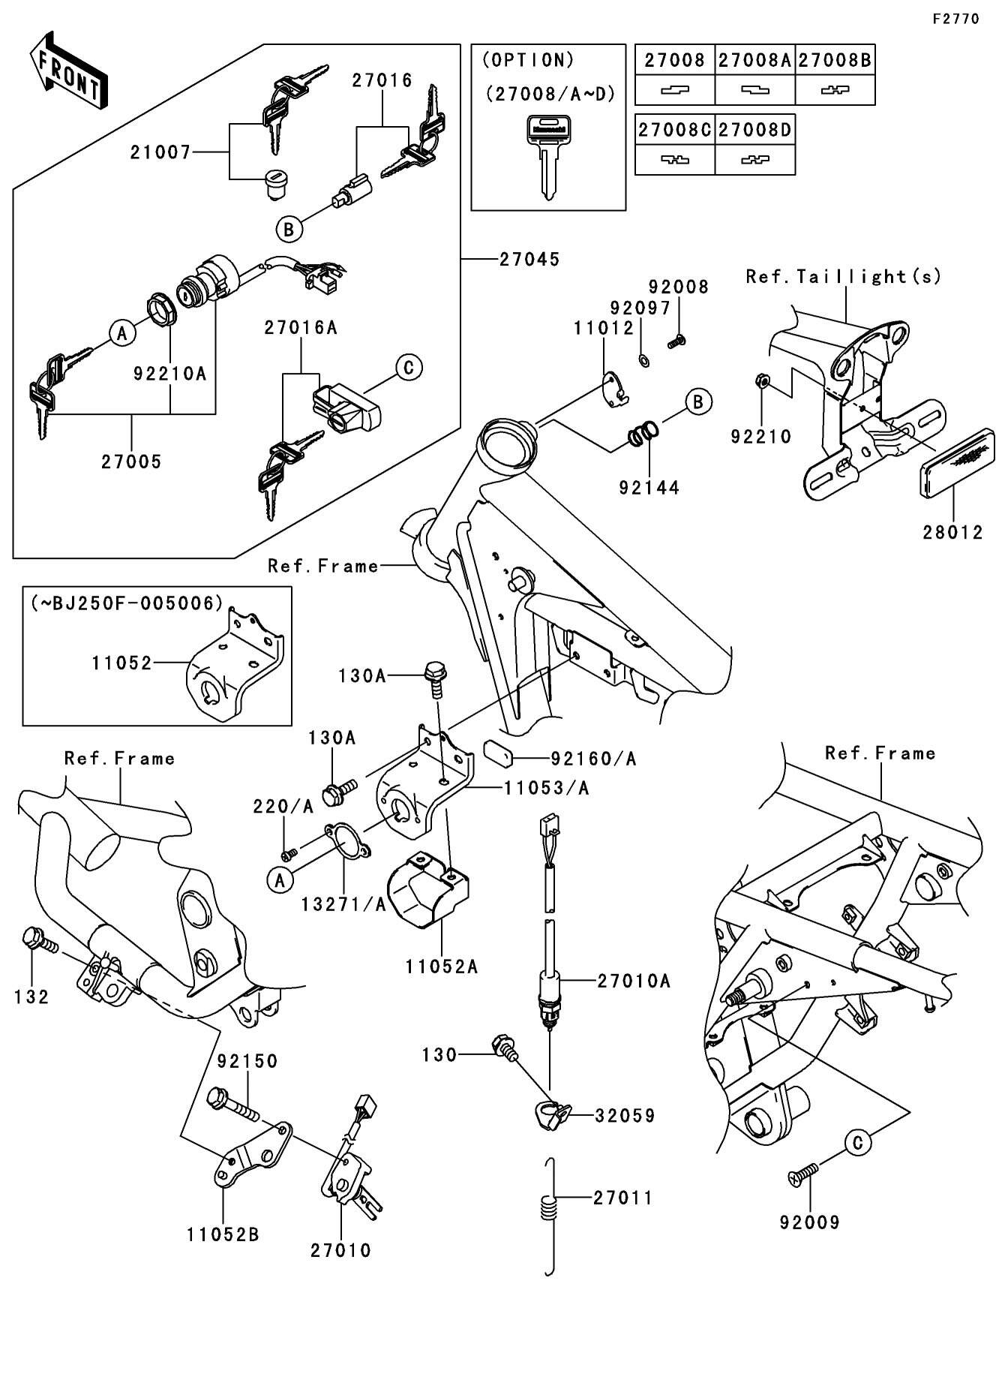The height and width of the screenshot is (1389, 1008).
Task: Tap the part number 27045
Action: (529, 260)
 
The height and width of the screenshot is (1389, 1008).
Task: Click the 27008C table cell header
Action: (674, 130)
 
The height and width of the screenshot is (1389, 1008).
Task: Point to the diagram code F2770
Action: (955, 20)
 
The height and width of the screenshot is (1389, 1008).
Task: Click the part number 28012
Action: (952, 533)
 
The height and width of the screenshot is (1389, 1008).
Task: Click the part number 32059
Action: (625, 1116)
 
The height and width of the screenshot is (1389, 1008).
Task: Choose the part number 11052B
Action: (223, 1234)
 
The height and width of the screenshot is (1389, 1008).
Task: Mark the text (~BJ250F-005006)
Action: (127, 603)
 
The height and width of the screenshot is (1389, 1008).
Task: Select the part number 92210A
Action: (169, 373)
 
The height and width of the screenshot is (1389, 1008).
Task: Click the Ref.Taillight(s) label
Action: (842, 277)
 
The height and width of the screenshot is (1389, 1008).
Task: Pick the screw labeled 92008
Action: (676, 341)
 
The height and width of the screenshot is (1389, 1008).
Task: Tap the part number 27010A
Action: (634, 981)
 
